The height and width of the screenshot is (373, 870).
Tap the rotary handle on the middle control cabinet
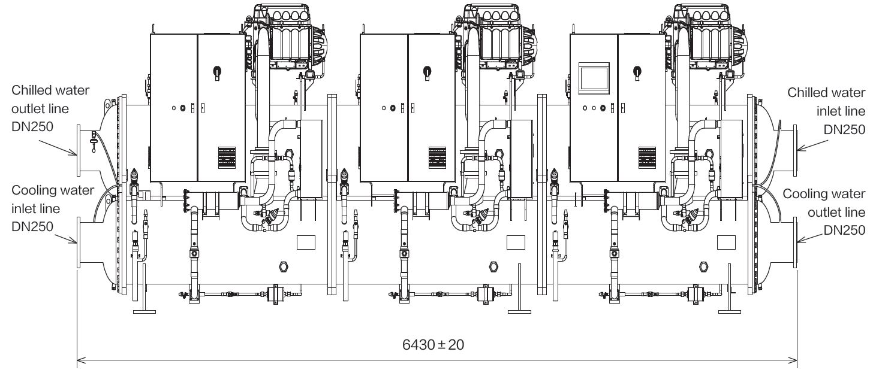(x=426, y=72)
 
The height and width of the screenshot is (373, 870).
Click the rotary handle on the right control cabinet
(x=636, y=72)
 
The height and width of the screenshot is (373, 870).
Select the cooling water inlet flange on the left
(x=79, y=242)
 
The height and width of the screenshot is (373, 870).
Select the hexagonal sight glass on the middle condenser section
(x=494, y=266)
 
